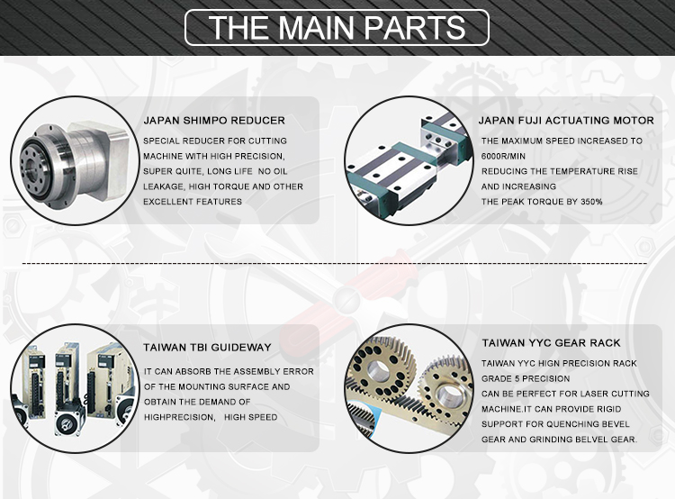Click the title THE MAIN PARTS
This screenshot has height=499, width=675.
click(337, 28)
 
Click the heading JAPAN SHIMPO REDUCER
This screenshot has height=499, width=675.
click(214, 120)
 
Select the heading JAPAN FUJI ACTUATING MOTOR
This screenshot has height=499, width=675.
click(566, 120)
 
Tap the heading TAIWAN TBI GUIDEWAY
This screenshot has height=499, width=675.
click(208, 348)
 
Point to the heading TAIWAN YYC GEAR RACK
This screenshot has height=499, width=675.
click(551, 343)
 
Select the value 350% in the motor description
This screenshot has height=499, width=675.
click(591, 202)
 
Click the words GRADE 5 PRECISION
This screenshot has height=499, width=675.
click(526, 379)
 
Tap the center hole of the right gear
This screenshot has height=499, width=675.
click(450, 395)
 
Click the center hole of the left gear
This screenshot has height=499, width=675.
click(377, 369)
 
